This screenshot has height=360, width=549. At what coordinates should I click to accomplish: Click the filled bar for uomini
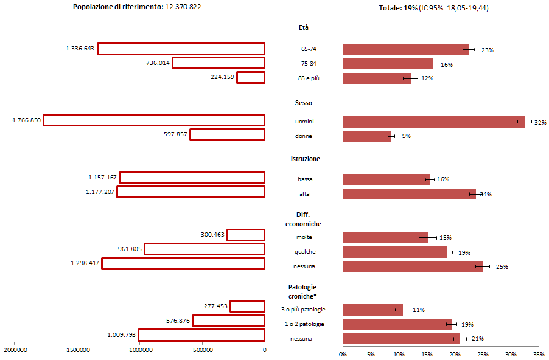(x=433, y=122)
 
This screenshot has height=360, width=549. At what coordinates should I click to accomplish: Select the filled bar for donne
(x=367, y=136)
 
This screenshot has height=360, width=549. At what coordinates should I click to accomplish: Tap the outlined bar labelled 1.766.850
(x=154, y=120)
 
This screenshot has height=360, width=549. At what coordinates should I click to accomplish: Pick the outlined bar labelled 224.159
(x=251, y=77)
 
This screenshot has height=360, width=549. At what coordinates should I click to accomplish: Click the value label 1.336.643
(x=80, y=49)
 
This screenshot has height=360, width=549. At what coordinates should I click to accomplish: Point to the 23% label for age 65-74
(x=487, y=50)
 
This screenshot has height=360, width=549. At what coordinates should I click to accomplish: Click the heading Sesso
(x=305, y=103)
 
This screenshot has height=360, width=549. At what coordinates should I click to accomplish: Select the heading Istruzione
(x=305, y=159)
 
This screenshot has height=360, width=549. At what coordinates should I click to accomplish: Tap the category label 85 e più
(x=305, y=78)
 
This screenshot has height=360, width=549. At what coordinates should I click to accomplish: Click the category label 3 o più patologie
(x=304, y=310)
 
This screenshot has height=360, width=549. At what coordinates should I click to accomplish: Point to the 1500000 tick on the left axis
(x=77, y=351)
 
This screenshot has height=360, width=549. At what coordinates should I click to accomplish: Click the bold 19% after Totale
(x=410, y=8)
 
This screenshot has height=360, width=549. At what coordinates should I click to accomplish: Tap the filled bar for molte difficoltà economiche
(x=385, y=237)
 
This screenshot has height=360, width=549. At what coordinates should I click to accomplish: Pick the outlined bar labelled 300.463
(x=246, y=235)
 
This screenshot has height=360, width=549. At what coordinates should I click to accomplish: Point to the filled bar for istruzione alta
(x=409, y=194)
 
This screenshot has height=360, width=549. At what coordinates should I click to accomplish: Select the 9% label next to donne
(x=406, y=136)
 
